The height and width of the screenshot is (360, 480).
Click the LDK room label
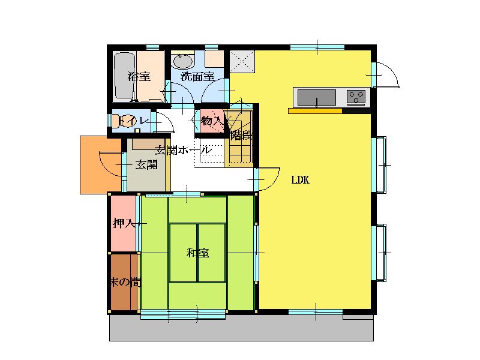(x=301, y=179)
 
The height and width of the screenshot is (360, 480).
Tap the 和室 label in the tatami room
(x=198, y=253)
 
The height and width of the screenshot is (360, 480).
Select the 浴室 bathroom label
(x=139, y=76)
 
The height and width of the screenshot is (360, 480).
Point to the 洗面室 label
(x=197, y=76)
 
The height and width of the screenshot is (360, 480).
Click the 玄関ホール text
(x=183, y=150)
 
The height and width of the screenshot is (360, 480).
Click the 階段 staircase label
(x=242, y=135)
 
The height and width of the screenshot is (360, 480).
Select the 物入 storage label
(x=212, y=121)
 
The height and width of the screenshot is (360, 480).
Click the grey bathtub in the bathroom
(x=125, y=76)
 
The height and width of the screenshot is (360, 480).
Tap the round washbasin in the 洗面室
(x=183, y=61)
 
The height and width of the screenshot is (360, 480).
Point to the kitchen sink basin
(x=317, y=97)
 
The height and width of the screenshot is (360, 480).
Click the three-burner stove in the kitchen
(x=356, y=97)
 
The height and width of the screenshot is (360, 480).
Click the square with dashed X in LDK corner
(x=242, y=61)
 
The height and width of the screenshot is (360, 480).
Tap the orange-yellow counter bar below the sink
(x=315, y=111)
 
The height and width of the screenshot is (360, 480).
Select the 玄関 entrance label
(x=146, y=164)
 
